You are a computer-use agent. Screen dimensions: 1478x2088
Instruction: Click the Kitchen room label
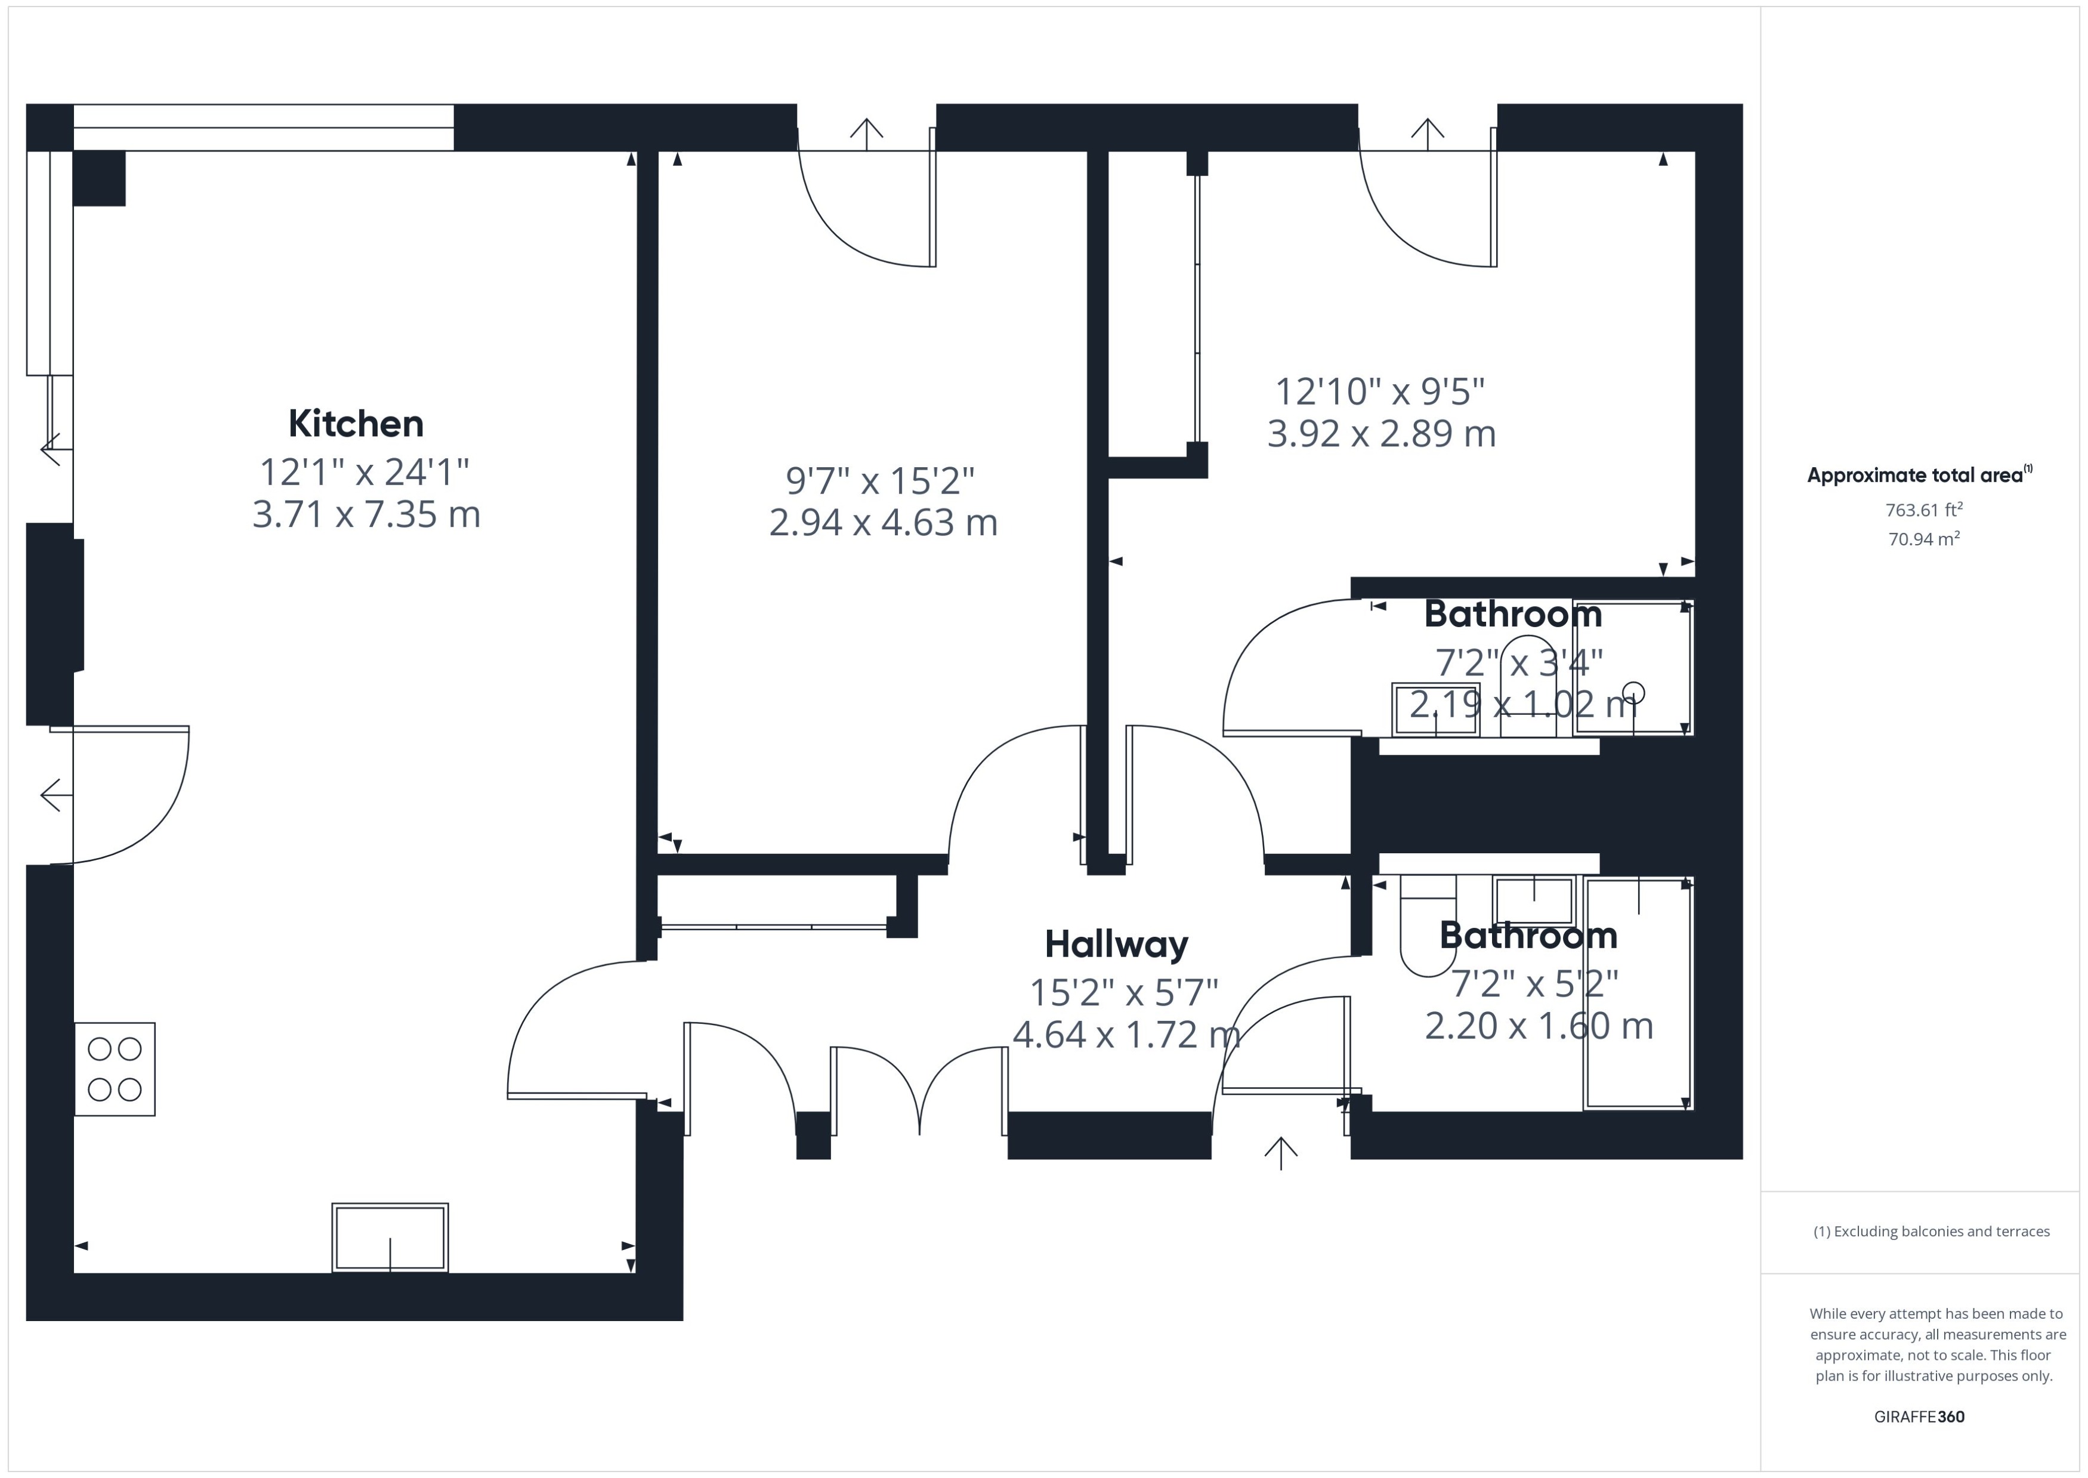click(x=356, y=424)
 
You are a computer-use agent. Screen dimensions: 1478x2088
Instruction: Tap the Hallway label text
click(x=1116, y=945)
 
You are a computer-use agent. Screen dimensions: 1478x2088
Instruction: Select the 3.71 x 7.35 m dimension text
click(x=366, y=515)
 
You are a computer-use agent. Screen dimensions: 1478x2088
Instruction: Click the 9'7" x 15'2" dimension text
click(x=880, y=480)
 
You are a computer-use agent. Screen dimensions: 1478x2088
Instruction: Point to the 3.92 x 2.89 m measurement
click(x=1380, y=434)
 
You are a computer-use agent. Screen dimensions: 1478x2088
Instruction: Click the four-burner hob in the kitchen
click(x=115, y=1069)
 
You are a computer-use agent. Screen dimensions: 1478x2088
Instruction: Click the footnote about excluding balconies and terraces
click(x=1931, y=1232)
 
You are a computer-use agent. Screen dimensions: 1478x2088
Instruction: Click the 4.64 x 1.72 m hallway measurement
click(x=1125, y=1035)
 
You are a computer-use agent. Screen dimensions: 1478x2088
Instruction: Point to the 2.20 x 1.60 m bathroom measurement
click(x=1537, y=1026)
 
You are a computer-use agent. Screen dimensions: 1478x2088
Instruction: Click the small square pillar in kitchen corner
click(x=98, y=178)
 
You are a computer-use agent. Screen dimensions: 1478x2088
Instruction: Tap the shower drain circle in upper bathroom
click(x=1634, y=692)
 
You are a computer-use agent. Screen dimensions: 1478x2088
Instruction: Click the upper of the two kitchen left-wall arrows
click(x=50, y=449)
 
